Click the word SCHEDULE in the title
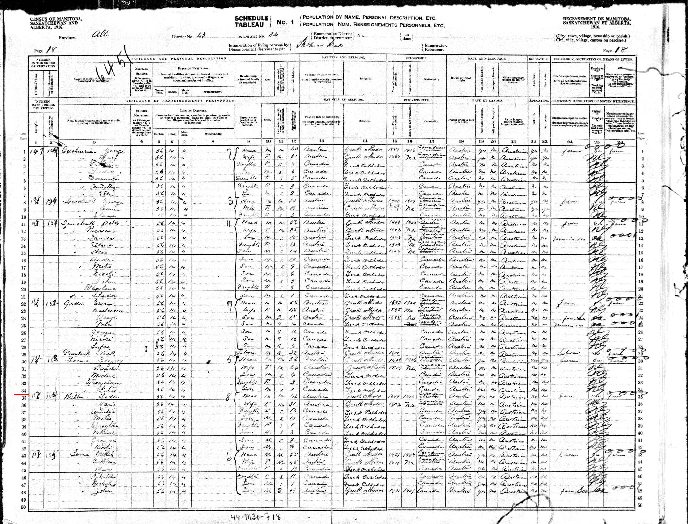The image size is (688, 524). pyautogui.click(x=252, y=18)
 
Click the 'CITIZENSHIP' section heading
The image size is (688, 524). pyautogui.click(x=416, y=58)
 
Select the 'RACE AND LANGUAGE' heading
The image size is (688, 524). pyautogui.click(x=487, y=58)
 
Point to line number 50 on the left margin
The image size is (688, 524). pyautogui.click(x=23, y=507)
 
